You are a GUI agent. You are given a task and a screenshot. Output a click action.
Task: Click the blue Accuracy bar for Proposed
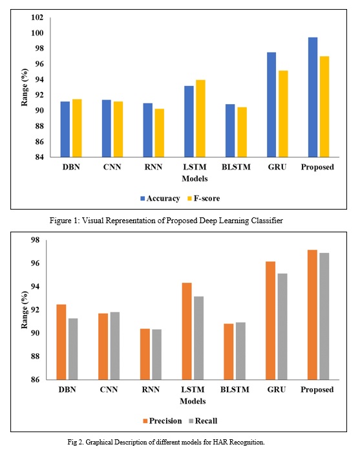point(313,97)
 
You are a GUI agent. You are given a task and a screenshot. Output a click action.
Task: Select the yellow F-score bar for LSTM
point(200,118)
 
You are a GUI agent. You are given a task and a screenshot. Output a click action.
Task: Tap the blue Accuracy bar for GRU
point(271,105)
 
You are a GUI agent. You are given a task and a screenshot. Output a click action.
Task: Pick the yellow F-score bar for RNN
point(160,133)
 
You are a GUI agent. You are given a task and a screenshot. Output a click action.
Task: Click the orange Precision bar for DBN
point(61,342)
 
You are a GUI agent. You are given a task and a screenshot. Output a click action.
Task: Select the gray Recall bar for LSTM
point(199,338)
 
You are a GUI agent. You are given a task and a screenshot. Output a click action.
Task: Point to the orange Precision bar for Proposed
point(312,315)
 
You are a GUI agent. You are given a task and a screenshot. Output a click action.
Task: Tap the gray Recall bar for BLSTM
point(240,351)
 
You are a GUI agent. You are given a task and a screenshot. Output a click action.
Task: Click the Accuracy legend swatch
point(142,199)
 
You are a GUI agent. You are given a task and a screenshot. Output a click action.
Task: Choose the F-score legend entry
point(204,199)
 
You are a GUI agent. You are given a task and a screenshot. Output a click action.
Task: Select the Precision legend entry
point(162,421)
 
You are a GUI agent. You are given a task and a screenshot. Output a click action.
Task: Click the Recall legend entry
point(203,421)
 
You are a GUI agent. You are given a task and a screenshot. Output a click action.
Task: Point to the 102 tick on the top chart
point(37,17)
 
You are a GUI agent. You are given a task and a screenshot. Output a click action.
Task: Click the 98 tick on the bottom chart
point(35,240)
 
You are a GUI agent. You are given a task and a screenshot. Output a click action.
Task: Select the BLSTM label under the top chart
point(236,167)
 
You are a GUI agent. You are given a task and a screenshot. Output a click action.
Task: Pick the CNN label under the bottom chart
point(109,389)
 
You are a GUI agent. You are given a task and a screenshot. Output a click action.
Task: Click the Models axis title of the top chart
point(195,179)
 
